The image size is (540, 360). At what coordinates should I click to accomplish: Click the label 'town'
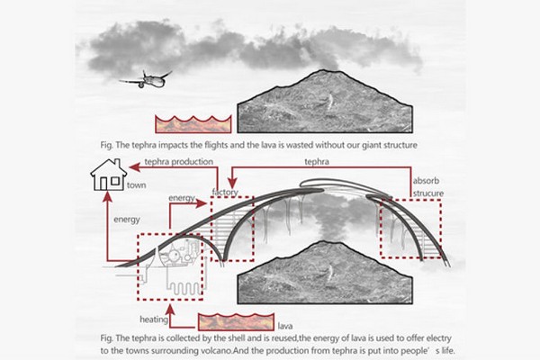137,184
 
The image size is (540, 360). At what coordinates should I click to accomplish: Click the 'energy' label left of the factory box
182,196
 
